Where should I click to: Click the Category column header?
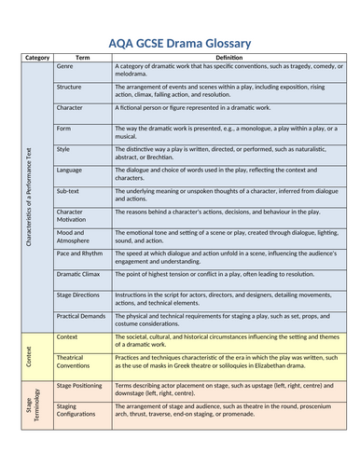[38, 57]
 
